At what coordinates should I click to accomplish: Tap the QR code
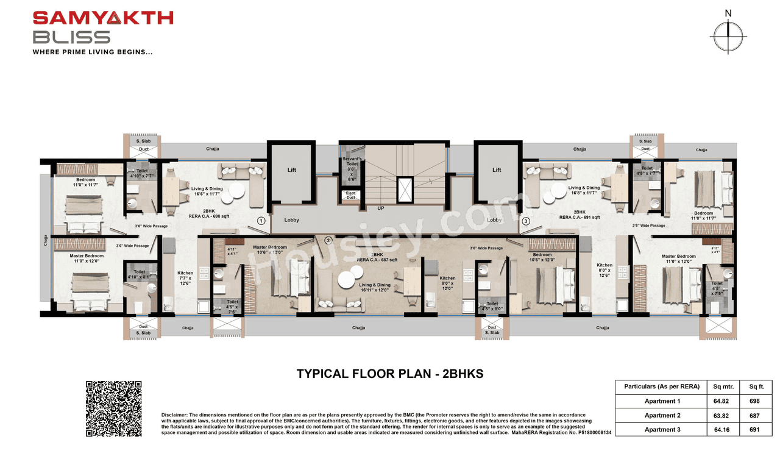113,408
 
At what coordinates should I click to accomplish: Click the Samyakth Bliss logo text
102,27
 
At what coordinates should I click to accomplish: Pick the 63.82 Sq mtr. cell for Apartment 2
723,415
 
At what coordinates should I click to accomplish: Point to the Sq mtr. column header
723,386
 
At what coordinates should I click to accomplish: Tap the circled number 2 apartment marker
328,240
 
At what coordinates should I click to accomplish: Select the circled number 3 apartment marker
526,221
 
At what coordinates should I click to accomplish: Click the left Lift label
291,170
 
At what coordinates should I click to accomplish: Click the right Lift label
497,170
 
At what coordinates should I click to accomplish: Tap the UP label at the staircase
381,208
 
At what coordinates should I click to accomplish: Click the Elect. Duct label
351,196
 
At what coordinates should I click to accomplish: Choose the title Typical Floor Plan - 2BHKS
389,374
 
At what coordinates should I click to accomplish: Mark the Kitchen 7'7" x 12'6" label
185,278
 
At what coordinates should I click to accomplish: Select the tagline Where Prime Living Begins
93,52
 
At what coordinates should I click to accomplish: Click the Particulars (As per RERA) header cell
661,386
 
